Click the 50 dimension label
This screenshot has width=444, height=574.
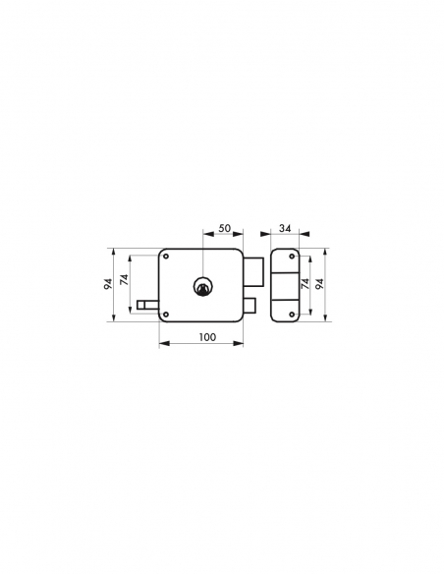[x=224, y=229]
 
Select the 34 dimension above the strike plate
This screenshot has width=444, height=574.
[x=284, y=229]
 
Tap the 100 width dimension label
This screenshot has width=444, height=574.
[x=206, y=337]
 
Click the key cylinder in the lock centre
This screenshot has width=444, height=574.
[x=202, y=286]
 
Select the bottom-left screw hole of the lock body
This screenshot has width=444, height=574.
[x=167, y=315]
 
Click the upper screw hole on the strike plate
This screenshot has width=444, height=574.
[x=293, y=257]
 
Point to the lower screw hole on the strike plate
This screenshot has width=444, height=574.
[x=293, y=314]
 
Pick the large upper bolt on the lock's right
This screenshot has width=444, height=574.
[x=252, y=267]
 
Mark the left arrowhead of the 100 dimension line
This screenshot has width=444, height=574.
[x=162, y=344]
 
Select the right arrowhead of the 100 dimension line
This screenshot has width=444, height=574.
[x=241, y=344]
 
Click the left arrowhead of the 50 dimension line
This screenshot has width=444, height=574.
[x=205, y=236]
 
